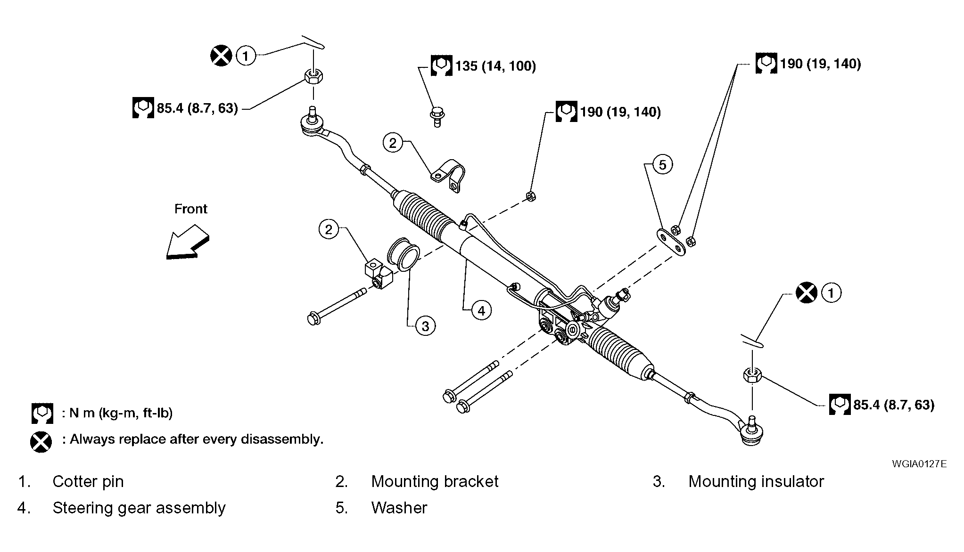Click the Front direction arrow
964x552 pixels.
pyautogui.click(x=188, y=242)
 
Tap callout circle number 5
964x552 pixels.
pyautogui.click(x=663, y=165)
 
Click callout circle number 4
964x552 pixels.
pyautogui.click(x=481, y=311)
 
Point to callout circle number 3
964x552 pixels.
pyautogui.click(x=425, y=326)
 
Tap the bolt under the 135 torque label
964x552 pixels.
pyautogui.click(x=437, y=117)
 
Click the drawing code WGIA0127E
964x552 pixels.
pyautogui.click(x=919, y=464)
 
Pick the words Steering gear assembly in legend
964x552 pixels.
pyautogui.click(x=139, y=508)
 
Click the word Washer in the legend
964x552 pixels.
pyautogui.click(x=399, y=508)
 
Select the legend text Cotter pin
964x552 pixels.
pyautogui.click(x=88, y=482)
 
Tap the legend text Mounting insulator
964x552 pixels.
pyautogui.click(x=756, y=482)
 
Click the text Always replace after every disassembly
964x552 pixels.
pyautogui.click(x=197, y=439)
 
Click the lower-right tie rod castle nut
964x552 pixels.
pyautogui.click(x=752, y=375)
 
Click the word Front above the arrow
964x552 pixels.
pyautogui.click(x=191, y=209)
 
